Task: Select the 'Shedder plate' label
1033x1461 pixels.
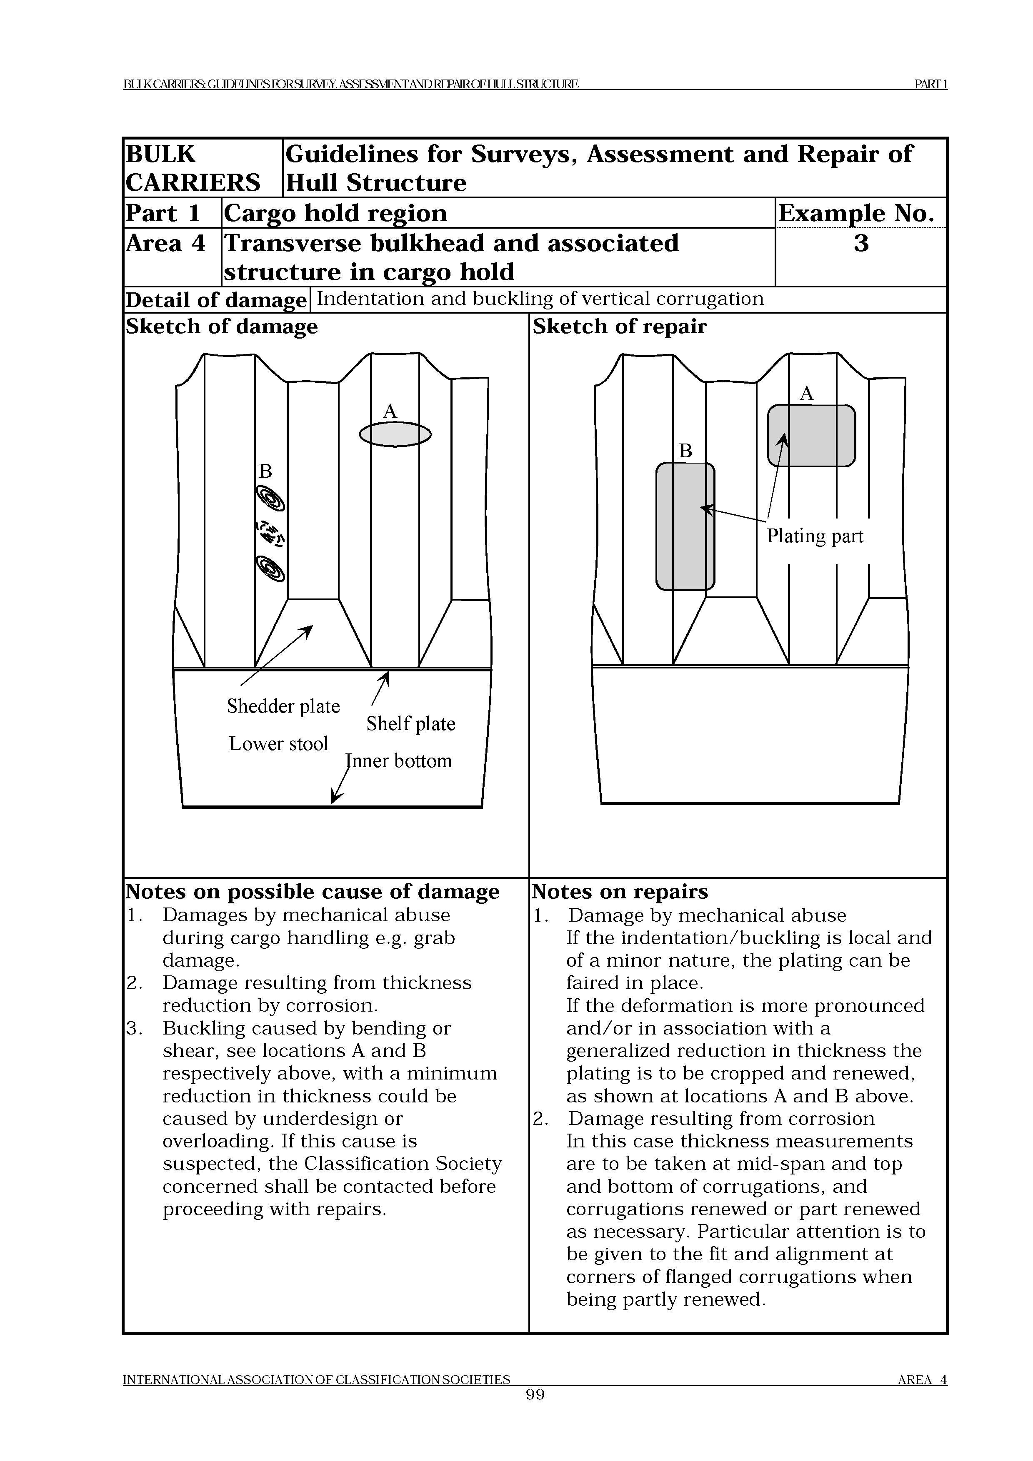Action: pyautogui.click(x=283, y=706)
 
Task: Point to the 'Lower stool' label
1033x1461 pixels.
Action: pyautogui.click(x=278, y=743)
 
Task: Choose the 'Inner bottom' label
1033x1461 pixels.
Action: pyautogui.click(x=398, y=760)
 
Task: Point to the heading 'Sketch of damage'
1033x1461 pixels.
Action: pyautogui.click(x=222, y=327)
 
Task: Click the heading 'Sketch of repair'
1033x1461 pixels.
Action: pyautogui.click(x=619, y=327)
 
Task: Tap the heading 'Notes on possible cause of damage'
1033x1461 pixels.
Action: pyautogui.click(x=312, y=892)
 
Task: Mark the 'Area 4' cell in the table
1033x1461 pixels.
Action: pyautogui.click(x=165, y=244)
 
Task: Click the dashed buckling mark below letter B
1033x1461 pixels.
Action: pyautogui.click(x=270, y=533)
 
